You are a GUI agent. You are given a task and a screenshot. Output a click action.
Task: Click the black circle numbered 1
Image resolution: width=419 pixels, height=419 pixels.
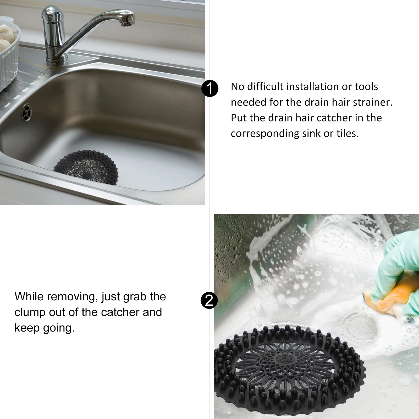pyautogui.click(x=210, y=89)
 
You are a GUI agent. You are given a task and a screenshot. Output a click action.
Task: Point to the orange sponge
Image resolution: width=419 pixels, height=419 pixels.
pyautogui.click(x=385, y=296)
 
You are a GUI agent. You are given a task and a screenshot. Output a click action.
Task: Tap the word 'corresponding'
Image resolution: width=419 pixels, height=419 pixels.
pyautogui.click(x=265, y=134)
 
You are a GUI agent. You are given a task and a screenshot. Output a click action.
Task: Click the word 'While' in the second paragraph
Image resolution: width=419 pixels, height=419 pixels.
pyautogui.click(x=29, y=297)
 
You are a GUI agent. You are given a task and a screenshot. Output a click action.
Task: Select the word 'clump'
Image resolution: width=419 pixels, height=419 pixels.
pyautogui.click(x=30, y=312)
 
